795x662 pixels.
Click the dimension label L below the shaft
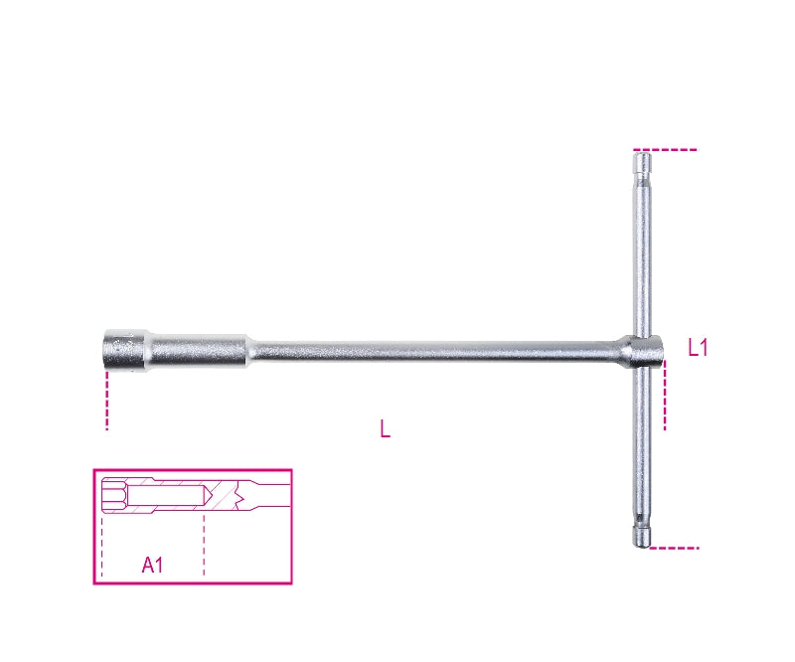[385, 429]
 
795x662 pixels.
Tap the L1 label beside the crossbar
[698, 347]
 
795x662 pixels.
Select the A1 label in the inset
[152, 566]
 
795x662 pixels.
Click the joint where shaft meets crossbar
[642, 349]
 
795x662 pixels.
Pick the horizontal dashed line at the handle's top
[676, 150]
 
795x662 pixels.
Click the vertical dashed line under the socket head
[106, 403]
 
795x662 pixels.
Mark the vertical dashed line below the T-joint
[665, 398]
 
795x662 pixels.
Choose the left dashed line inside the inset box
[102, 542]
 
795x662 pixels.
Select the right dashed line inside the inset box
[204, 542]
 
